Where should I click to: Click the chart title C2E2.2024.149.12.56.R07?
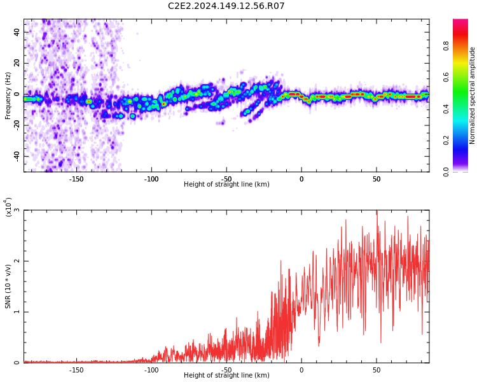coord(226,6)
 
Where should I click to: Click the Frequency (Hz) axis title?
coord(8,95)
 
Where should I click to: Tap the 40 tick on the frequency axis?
coord(17,32)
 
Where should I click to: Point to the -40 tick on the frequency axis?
coord(16,156)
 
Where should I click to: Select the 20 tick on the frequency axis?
coord(17,63)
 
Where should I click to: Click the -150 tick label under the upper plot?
coord(76,179)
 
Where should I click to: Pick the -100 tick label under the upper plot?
coord(151,179)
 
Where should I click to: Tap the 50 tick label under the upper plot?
coord(377,179)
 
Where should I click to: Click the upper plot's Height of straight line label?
coord(226,185)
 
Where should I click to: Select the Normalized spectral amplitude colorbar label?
coord(473,95)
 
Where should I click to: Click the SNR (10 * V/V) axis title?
coord(8,286)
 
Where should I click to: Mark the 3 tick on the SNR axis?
coord(17,210)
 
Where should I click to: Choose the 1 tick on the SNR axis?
coord(17,312)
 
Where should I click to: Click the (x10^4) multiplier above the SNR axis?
coord(9,207)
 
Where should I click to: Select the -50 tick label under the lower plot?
coord(226,370)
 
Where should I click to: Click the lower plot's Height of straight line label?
coord(226,376)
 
